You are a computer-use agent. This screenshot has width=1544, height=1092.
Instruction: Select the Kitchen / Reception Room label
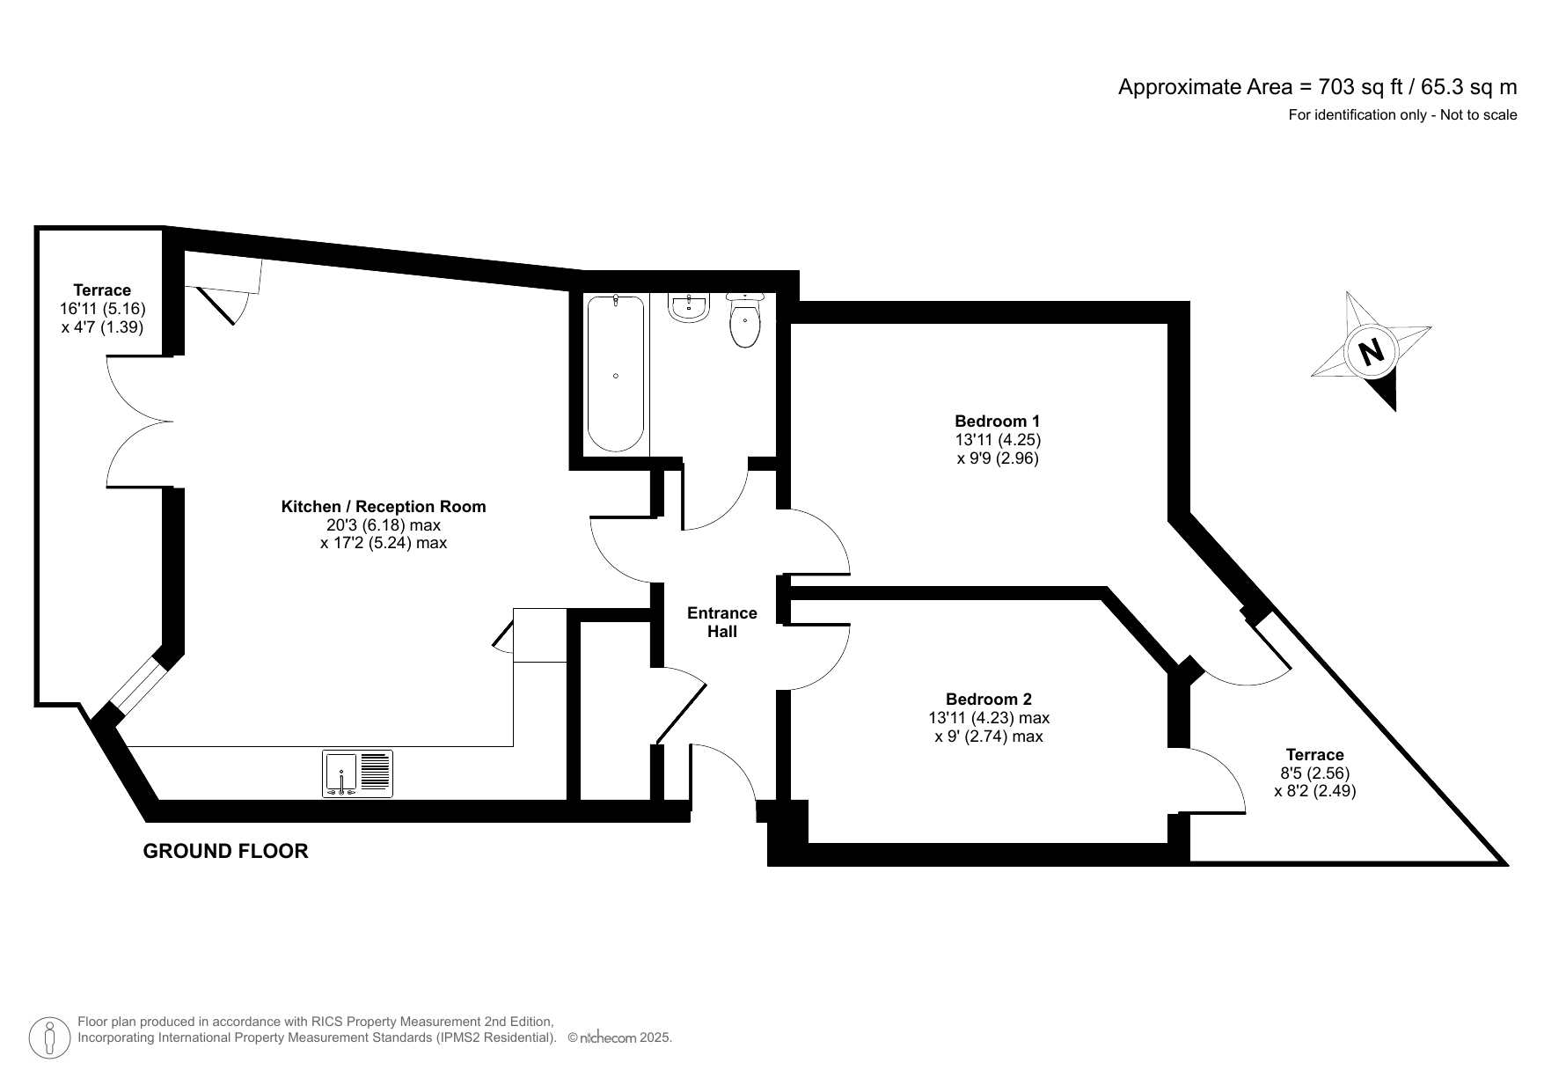coord(384,506)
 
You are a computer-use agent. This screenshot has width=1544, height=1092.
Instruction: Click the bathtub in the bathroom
coord(615,374)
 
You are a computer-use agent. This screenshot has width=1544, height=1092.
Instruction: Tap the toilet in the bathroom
coord(745,320)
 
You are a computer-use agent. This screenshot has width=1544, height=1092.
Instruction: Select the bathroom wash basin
coord(688,307)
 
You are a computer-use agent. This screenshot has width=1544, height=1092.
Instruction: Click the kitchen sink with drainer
coord(357,773)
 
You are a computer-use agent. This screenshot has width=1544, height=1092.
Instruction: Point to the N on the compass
coord(1371,352)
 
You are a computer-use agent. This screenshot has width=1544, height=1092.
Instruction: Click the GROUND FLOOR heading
coord(225,851)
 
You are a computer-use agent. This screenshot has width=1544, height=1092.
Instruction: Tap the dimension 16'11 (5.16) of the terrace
coord(102,308)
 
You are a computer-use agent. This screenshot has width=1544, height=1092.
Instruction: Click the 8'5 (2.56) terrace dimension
coord(1314,773)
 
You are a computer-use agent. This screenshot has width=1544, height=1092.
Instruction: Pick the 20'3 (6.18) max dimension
coord(384,524)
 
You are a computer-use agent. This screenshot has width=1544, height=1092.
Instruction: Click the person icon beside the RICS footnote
coord(49,1038)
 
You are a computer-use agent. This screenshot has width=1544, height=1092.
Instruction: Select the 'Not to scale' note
coord(1478,114)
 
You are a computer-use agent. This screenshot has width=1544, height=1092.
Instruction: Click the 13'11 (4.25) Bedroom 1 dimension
coord(998,439)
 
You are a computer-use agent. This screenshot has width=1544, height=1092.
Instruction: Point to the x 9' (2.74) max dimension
coord(989,737)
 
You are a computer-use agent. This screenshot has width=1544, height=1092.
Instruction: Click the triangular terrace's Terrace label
coord(1314,754)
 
